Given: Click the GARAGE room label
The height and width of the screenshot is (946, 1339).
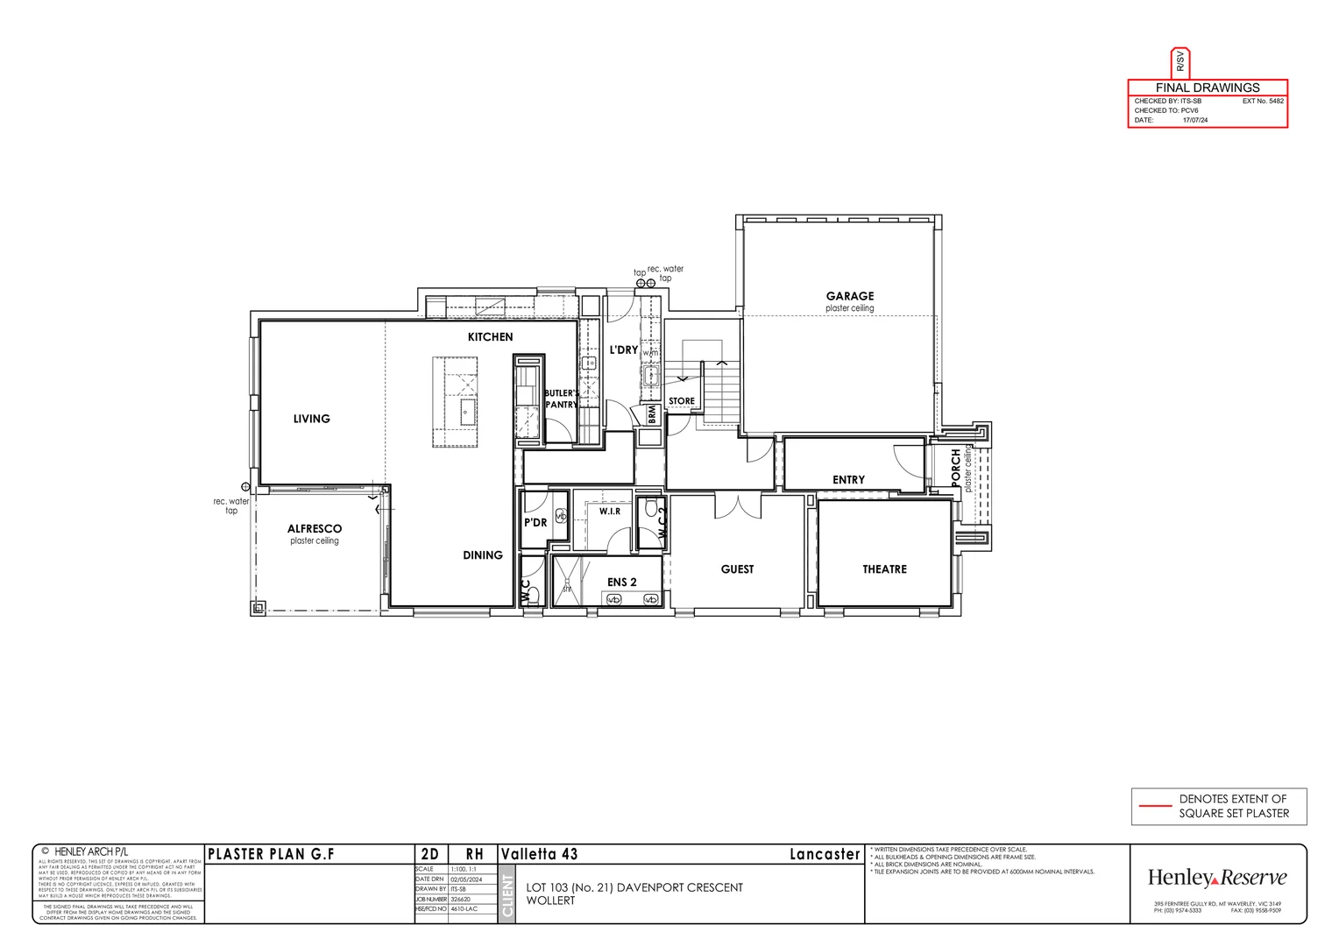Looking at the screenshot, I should click(x=849, y=296).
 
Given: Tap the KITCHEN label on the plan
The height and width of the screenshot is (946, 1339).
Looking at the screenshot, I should click(x=490, y=337).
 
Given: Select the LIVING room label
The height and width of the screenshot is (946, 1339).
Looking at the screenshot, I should click(x=311, y=419).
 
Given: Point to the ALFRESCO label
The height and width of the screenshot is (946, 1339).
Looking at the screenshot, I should click(x=315, y=529).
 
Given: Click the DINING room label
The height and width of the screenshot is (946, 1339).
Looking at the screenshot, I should click(x=483, y=555).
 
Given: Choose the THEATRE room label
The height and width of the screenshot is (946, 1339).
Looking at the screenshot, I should click(x=884, y=569).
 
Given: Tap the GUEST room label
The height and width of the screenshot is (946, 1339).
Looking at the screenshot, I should click(x=737, y=569).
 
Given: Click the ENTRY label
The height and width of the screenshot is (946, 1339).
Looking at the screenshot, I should click(x=848, y=480).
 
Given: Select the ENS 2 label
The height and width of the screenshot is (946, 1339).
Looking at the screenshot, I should click(x=621, y=582).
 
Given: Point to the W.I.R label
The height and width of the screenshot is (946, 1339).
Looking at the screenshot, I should click(x=610, y=511).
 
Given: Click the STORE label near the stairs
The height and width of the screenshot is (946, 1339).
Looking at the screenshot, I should click(x=681, y=401).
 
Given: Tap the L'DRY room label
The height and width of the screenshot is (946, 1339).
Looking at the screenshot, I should click(x=623, y=350).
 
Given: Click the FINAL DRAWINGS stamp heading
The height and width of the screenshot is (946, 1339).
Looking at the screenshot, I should click(x=1208, y=88).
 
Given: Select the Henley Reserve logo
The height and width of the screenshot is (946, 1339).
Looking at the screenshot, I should click(x=1217, y=878).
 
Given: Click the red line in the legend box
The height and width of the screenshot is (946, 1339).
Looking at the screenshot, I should click(x=1153, y=806).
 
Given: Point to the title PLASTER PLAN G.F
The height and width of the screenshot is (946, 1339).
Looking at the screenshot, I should click(x=271, y=854).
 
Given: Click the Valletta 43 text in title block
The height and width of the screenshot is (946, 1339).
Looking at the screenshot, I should click(x=539, y=854).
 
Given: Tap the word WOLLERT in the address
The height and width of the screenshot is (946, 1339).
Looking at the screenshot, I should click(x=550, y=900).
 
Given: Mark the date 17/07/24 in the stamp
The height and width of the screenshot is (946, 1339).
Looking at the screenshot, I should click(x=1194, y=120).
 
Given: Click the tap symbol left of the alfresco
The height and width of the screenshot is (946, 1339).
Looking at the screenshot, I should click(x=245, y=486).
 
